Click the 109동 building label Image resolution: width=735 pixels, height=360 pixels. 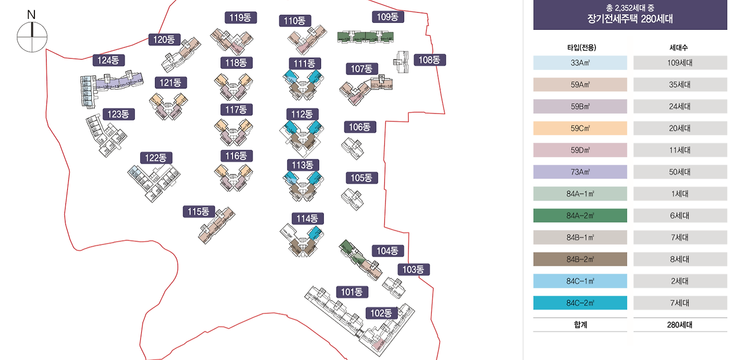[x=388, y=17]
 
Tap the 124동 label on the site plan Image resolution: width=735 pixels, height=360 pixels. [x=109, y=60]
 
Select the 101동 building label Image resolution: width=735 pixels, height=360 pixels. [x=352, y=292]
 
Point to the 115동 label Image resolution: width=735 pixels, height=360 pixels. [x=199, y=211]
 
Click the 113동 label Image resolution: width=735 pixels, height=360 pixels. [x=303, y=165]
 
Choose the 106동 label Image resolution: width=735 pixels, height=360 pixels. [x=360, y=127]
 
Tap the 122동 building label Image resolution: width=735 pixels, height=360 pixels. [x=156, y=158]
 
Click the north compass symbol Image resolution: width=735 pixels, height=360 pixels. [x=32, y=37]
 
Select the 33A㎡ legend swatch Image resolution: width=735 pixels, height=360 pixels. [x=580, y=63]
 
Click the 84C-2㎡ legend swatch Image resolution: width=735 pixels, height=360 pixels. [x=580, y=303]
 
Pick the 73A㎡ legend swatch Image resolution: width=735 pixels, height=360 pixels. [x=580, y=172]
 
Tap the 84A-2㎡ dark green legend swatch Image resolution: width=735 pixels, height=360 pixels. [x=580, y=215]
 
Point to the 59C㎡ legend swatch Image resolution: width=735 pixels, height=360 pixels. [x=580, y=128]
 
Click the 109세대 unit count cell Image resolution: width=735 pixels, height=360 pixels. [x=680, y=63]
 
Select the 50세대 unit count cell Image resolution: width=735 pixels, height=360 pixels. [x=680, y=172]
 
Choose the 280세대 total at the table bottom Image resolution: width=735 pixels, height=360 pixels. [x=680, y=324]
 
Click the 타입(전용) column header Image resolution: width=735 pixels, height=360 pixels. [x=580, y=47]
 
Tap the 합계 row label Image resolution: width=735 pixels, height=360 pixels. [x=580, y=324]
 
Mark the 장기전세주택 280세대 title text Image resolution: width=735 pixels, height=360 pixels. [x=630, y=18]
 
